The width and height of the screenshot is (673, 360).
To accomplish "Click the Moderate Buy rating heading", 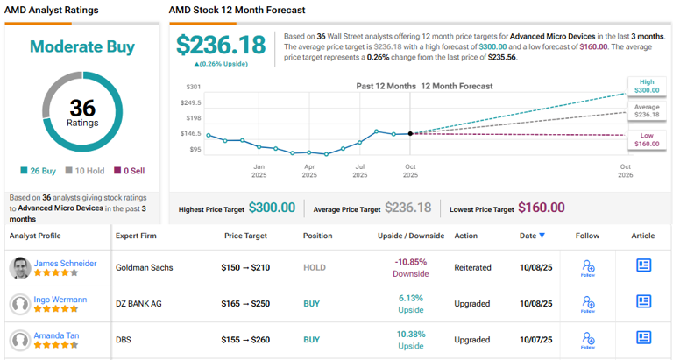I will pos(81,46).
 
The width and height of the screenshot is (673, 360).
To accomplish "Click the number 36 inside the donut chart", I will pos(81,107).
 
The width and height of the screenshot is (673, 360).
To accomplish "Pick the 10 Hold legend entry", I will pos(85,171).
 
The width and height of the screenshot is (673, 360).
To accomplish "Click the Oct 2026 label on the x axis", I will pos(625,171).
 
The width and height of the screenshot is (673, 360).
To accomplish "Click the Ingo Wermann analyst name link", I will pos(60,299).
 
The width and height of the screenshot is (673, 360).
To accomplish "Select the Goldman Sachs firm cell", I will pos(145,268).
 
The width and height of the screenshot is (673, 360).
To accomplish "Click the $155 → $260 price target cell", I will pos(245,339).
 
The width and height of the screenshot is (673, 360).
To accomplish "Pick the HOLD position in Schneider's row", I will pos(314,268).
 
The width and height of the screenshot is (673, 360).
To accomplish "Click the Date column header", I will pos(531,236).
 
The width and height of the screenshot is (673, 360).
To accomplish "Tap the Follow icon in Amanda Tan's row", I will pos(588,339).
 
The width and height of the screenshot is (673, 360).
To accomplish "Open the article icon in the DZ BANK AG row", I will pos(643,303).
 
